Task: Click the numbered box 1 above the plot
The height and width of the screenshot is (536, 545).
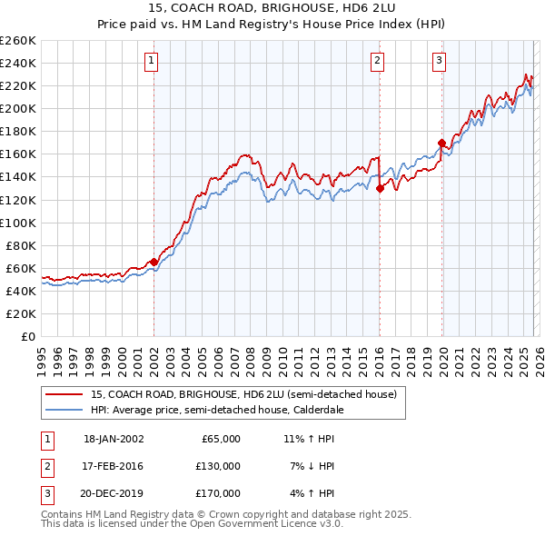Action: coord(151,61)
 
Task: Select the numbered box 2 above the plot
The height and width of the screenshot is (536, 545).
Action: coord(377,61)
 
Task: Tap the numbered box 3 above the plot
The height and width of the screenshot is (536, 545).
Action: coord(440,61)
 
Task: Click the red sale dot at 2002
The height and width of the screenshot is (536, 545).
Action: coord(154,262)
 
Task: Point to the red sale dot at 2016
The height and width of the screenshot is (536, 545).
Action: coord(380,188)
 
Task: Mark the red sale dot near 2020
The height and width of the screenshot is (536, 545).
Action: coord(441,143)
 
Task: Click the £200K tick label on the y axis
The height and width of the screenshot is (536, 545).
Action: coord(18,108)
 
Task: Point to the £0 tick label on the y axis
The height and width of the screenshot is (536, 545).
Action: coord(28,336)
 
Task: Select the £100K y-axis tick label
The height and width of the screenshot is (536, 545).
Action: coord(18,223)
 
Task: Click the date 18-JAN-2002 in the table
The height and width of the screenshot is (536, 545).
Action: coord(114,439)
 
